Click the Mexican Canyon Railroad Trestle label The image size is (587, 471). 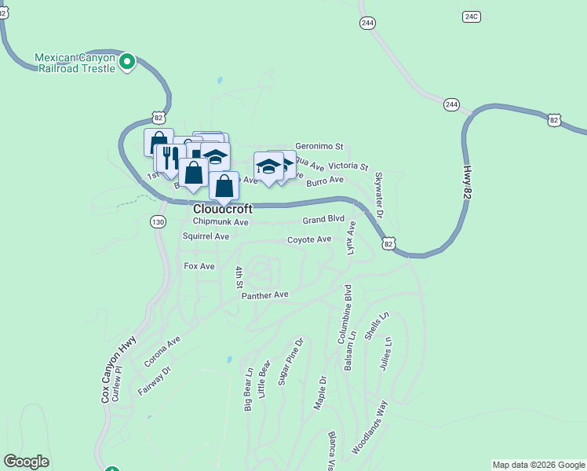(75, 63)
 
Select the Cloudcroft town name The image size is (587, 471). (223, 210)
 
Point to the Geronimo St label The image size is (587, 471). (319, 146)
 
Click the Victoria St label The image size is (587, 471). (348, 167)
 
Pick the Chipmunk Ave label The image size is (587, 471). (221, 222)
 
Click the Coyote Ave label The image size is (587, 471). (309, 239)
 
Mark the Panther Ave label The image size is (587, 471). (265, 294)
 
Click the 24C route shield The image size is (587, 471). (471, 16)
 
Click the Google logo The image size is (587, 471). (26, 462)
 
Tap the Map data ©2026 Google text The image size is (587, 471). (538, 465)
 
